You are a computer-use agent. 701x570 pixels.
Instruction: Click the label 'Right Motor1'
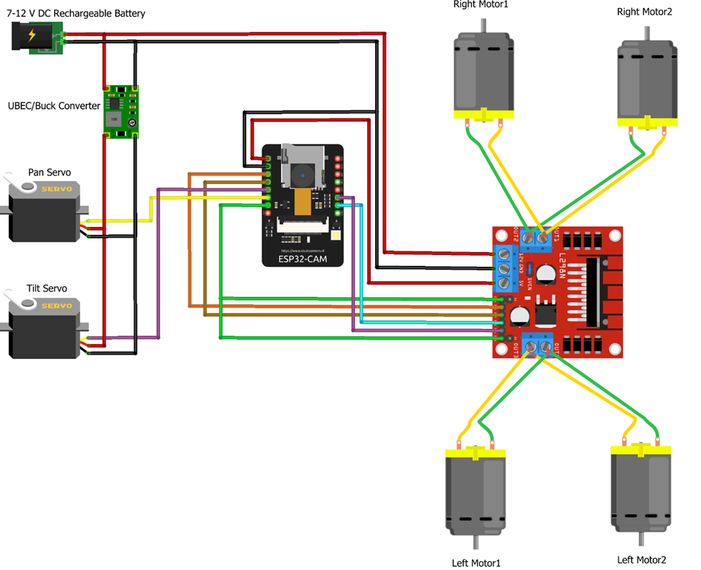pos(481,5)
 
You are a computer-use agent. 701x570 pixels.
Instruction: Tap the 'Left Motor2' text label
pos(641,559)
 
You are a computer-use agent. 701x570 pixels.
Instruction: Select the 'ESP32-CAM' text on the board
pos(303,258)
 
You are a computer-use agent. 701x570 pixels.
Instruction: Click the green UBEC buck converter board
pos(121,109)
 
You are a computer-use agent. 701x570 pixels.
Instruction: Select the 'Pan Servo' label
pos(49,173)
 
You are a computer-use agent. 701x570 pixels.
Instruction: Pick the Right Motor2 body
pos(648,79)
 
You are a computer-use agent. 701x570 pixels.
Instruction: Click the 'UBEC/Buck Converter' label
pos(53,106)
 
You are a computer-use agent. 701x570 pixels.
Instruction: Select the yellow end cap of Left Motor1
pos(474,454)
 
